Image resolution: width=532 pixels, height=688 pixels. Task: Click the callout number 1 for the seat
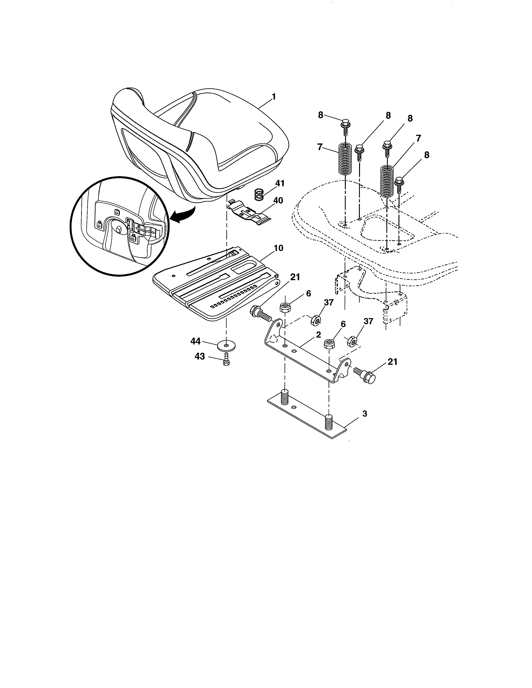[274, 96]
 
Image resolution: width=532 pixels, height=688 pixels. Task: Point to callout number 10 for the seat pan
[278, 248]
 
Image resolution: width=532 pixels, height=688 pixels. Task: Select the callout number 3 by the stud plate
[365, 414]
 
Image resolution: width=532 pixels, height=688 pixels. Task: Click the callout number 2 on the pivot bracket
[318, 335]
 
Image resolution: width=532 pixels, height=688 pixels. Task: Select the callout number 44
[195, 341]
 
